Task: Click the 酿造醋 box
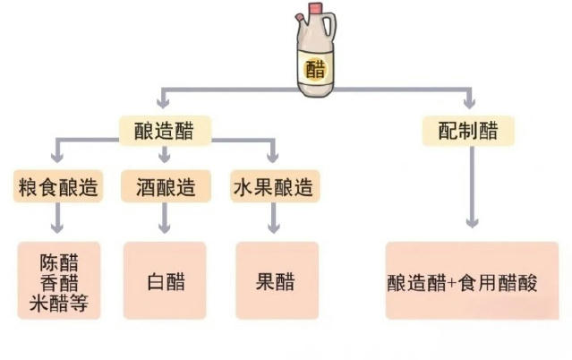166,131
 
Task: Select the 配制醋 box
468,131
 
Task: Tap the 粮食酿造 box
58,186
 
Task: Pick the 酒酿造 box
166,186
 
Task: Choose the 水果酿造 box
275,186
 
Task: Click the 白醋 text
166,282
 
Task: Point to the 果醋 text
275,282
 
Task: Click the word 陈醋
59,262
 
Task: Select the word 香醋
59,283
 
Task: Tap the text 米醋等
59,304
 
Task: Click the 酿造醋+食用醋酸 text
462,283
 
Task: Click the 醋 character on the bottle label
315,69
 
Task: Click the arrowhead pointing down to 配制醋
469,102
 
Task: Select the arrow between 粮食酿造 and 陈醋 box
57,218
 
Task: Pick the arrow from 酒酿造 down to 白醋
165,218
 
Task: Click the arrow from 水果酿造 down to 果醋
274,218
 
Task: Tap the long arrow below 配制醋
473,187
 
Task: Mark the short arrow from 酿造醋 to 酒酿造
165,154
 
